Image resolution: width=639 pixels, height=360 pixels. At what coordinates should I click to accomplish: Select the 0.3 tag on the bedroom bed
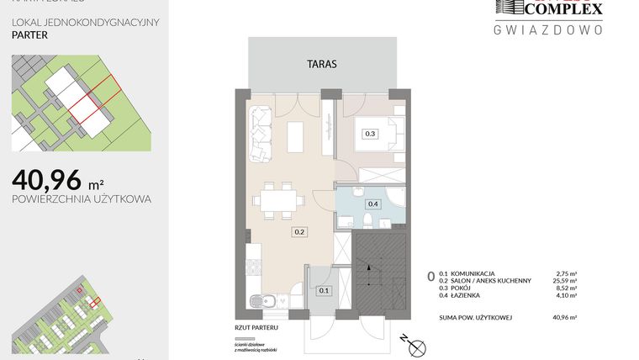[x=369, y=133]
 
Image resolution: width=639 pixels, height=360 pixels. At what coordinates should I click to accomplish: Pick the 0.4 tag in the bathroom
[x=373, y=203]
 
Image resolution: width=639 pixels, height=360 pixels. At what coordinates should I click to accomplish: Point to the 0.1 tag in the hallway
[x=325, y=290]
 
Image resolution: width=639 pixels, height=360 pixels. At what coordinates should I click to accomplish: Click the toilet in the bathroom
[x=367, y=220]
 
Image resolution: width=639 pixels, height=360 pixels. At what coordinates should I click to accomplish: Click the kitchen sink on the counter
[x=268, y=300]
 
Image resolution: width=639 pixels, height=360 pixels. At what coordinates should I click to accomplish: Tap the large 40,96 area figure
[x=47, y=178]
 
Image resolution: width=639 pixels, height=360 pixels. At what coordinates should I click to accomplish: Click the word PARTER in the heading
[x=30, y=36]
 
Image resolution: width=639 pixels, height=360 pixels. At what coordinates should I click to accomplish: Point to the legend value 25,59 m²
[x=568, y=281]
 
